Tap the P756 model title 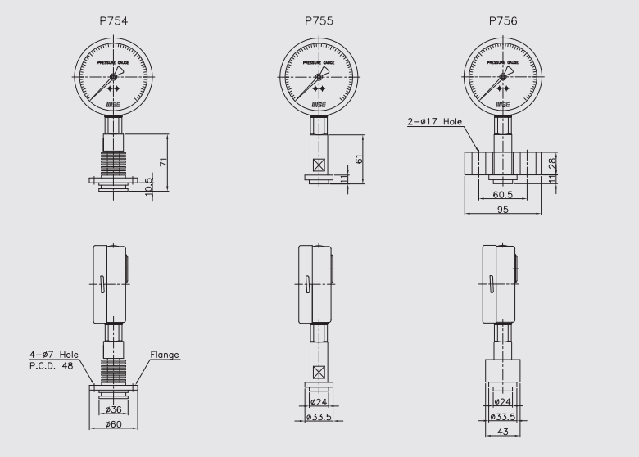click(x=502, y=20)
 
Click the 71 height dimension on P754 click(x=165, y=162)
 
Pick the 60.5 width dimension click(x=503, y=195)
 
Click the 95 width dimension click(x=504, y=210)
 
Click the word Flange click(x=165, y=355)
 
